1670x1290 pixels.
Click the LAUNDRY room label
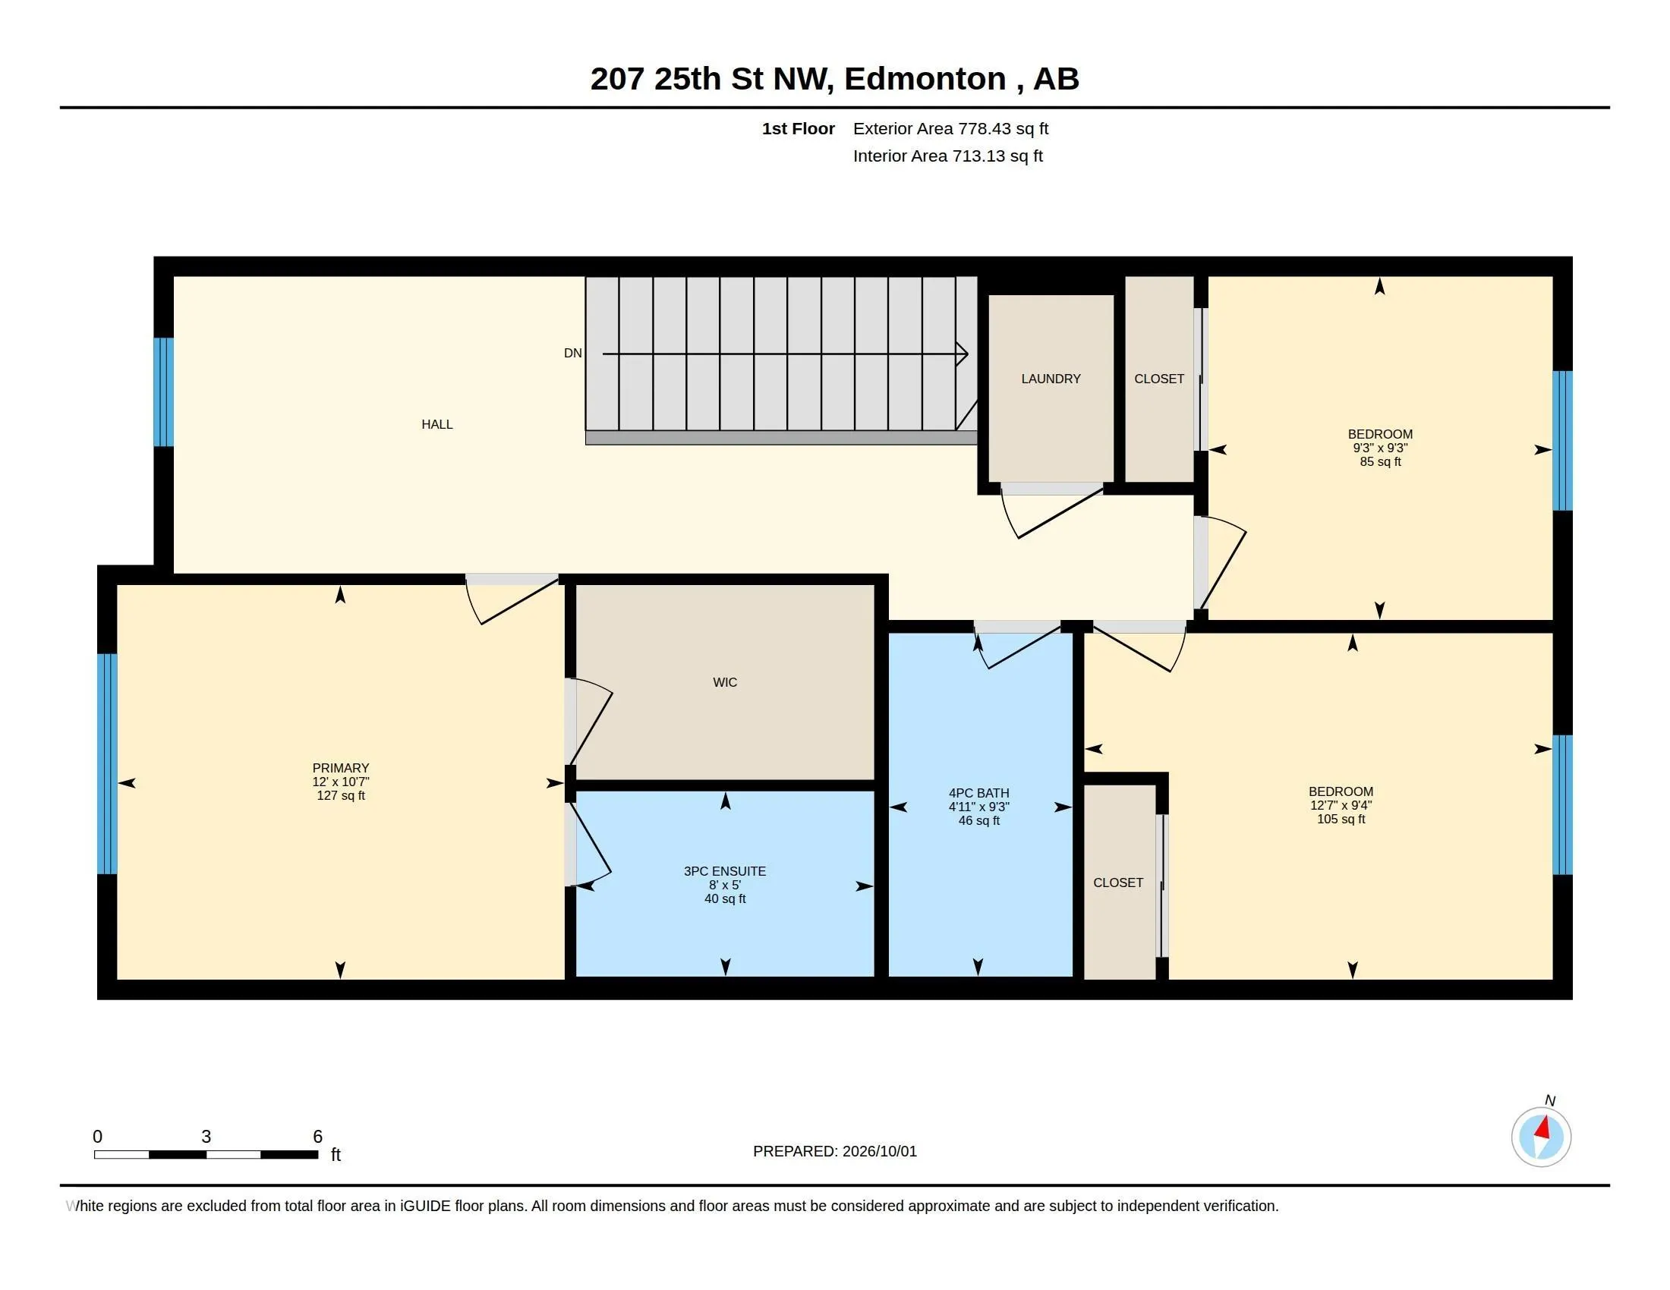1051,379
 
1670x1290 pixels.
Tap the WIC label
725,682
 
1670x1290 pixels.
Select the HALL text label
437,424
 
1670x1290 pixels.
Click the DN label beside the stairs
572,353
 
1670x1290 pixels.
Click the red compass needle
1543,1128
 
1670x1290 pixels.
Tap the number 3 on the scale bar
206,1137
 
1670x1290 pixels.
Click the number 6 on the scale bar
317,1137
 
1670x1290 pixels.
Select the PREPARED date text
835,1151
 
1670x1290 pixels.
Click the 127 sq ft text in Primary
341,795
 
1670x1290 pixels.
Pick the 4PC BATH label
978,793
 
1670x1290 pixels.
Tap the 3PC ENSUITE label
725,871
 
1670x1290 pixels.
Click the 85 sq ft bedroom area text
1380,461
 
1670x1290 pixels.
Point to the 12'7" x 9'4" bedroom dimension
1341,805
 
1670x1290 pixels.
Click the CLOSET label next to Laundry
1159,379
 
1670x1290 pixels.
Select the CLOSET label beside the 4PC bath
1118,883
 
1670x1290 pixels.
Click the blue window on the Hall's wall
164,392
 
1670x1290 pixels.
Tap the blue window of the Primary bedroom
107,763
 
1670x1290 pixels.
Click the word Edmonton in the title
925,79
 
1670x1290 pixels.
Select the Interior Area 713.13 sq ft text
948,156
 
